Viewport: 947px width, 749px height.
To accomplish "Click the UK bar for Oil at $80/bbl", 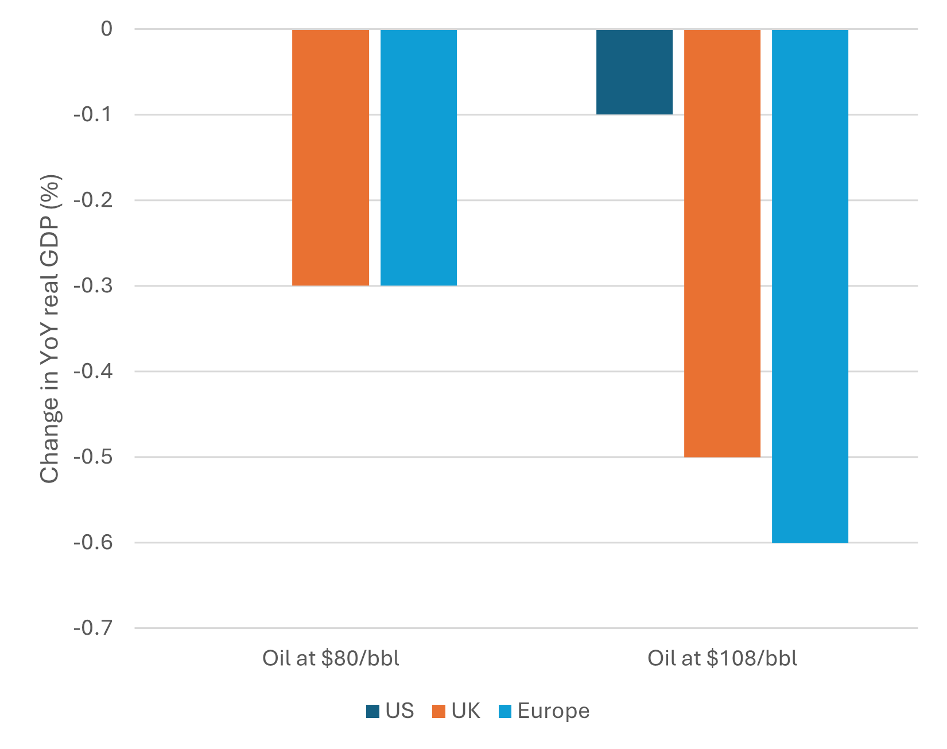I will (x=331, y=157).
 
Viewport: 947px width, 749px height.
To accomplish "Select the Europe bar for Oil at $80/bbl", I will (x=418, y=157).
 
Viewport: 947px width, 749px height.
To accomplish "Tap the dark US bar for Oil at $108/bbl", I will (x=634, y=72).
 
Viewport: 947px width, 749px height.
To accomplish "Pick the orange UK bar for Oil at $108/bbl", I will (x=722, y=243).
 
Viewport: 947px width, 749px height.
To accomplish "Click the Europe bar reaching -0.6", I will (x=810, y=285).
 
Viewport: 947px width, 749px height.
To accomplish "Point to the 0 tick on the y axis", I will (x=106, y=29).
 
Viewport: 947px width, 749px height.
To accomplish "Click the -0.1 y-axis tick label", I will (x=93, y=114).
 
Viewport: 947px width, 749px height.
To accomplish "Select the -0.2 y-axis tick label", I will (x=93, y=200).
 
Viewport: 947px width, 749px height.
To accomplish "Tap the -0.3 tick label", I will (x=93, y=285).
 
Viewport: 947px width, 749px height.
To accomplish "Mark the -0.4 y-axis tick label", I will (x=93, y=371).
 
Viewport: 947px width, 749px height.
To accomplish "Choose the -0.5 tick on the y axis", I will (x=93, y=457).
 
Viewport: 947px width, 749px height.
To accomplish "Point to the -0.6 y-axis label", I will (x=93, y=542).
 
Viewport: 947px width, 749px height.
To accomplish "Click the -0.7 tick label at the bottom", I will (x=93, y=628).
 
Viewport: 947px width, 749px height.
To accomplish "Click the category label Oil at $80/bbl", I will (x=331, y=658).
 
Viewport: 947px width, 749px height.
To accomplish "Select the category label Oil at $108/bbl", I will (x=722, y=658).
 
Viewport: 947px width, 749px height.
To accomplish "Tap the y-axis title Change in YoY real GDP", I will (x=51, y=329).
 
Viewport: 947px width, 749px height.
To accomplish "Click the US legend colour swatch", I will (x=373, y=712).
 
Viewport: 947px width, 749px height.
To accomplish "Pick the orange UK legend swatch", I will (x=439, y=712).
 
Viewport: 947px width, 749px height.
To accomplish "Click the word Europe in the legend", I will (x=553, y=711).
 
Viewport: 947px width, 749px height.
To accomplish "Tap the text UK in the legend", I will (x=465, y=711).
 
